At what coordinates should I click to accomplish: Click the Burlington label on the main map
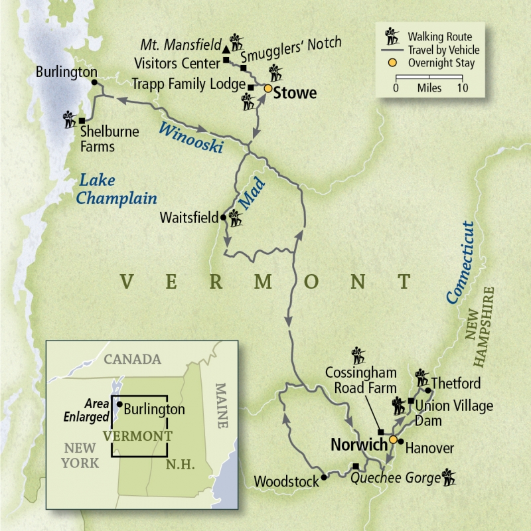tap(66, 71)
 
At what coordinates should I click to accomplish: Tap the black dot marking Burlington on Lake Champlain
tap(94, 82)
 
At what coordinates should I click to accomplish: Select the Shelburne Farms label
tap(110, 138)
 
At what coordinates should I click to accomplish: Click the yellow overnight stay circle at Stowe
tap(268, 88)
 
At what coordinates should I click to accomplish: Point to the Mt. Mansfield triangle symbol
tap(226, 49)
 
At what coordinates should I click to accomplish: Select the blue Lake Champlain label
tap(117, 189)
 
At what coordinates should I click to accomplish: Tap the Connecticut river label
tap(462, 262)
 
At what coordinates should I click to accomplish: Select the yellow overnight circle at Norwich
tap(392, 439)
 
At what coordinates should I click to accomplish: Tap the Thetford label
tap(455, 384)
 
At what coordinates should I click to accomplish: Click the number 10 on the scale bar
tap(462, 88)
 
